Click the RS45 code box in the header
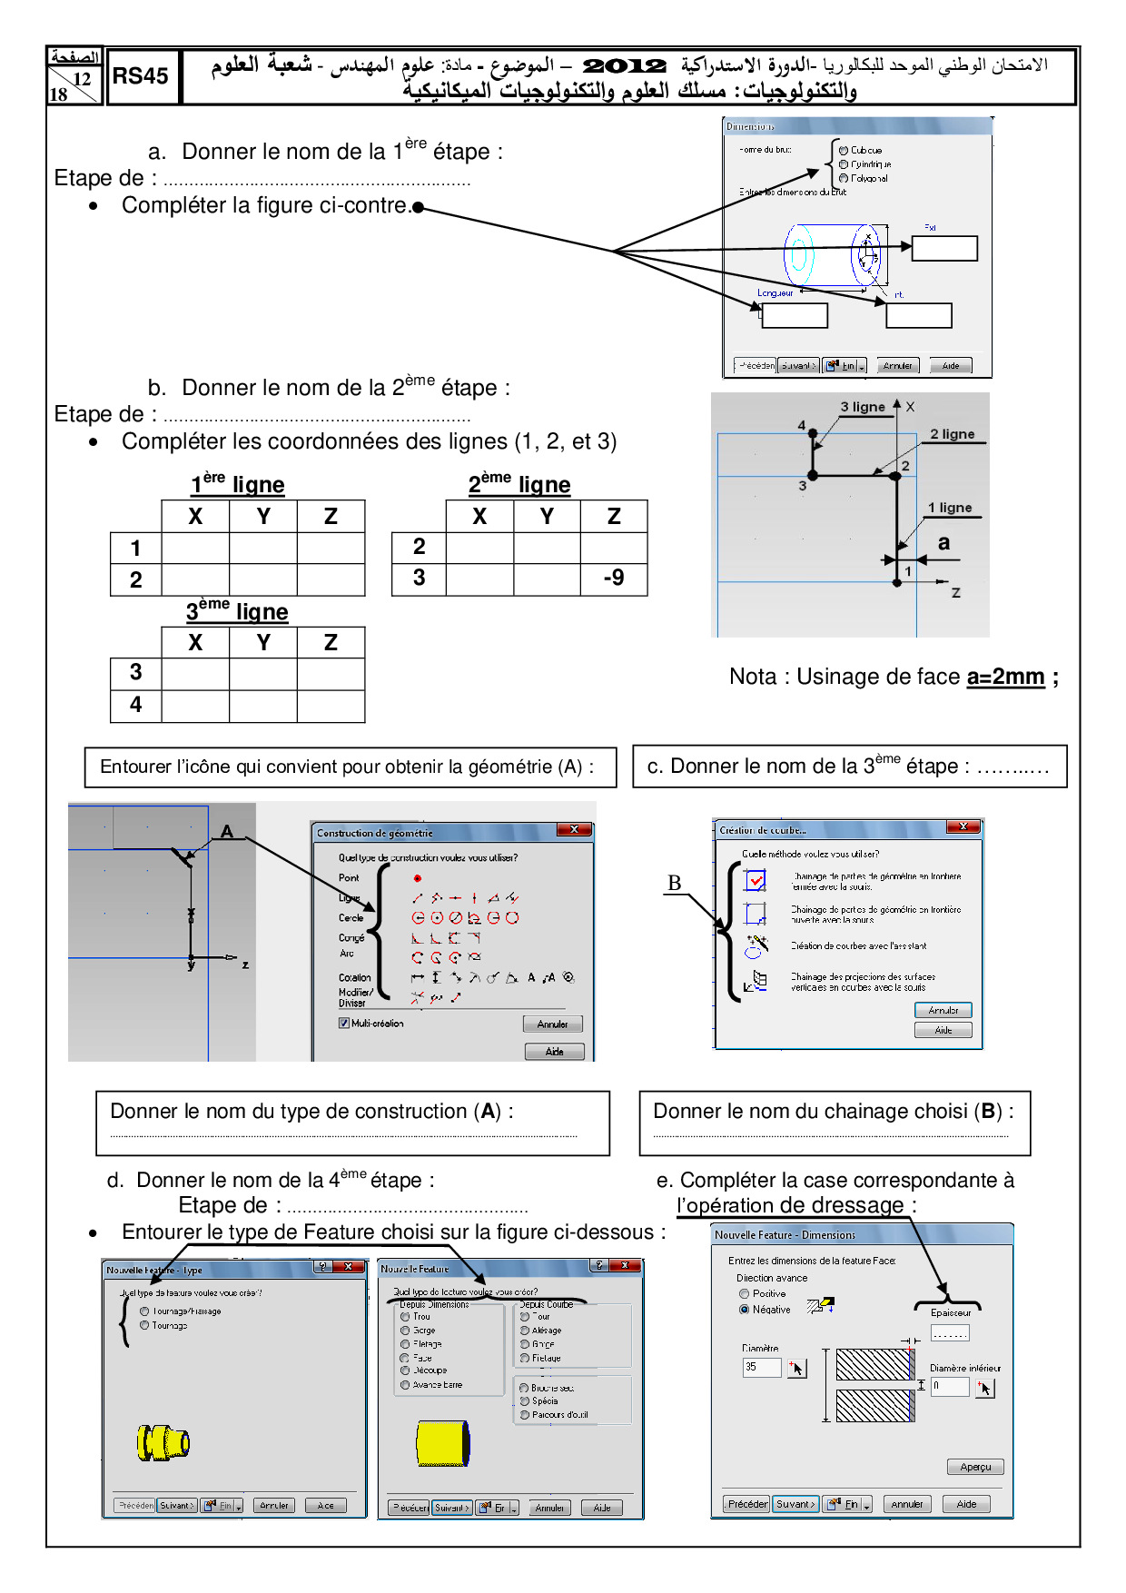[x=142, y=77]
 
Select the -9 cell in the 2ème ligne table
[x=614, y=579]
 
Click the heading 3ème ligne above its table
[x=237, y=611]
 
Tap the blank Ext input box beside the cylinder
[x=944, y=248]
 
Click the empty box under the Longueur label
[x=795, y=315]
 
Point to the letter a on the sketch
[x=944, y=543]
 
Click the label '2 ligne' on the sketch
[x=952, y=434]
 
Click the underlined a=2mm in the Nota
[x=1005, y=677]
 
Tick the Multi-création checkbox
[x=344, y=1024]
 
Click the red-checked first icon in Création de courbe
[x=756, y=880]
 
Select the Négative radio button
[x=745, y=1310]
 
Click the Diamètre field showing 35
[x=762, y=1367]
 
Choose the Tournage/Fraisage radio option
[x=144, y=1311]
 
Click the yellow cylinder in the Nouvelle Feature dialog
[x=443, y=1443]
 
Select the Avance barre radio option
[x=406, y=1385]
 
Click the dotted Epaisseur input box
[x=950, y=1333]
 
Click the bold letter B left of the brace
[x=674, y=883]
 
